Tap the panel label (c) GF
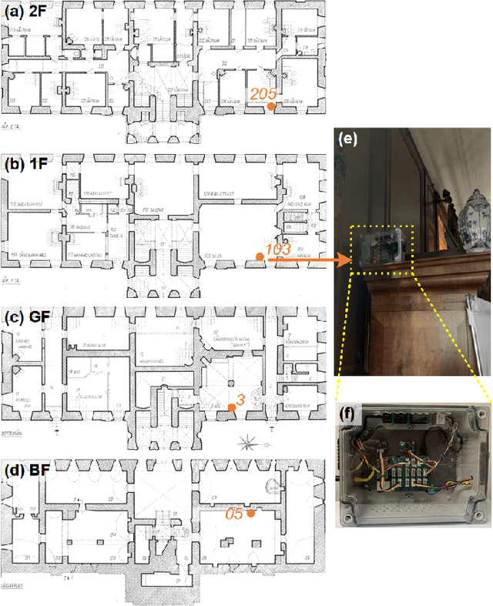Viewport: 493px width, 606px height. [x=25, y=316]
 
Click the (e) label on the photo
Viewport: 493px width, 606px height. [x=348, y=140]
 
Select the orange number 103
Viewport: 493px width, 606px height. [x=277, y=249]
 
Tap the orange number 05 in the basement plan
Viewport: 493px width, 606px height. [x=235, y=513]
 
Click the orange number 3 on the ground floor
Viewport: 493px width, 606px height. [x=240, y=400]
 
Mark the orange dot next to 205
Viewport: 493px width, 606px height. [x=270, y=108]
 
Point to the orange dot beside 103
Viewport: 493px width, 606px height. [x=260, y=259]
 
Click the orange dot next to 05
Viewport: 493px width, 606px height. [x=251, y=514]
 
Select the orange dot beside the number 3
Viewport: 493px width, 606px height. [x=231, y=407]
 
